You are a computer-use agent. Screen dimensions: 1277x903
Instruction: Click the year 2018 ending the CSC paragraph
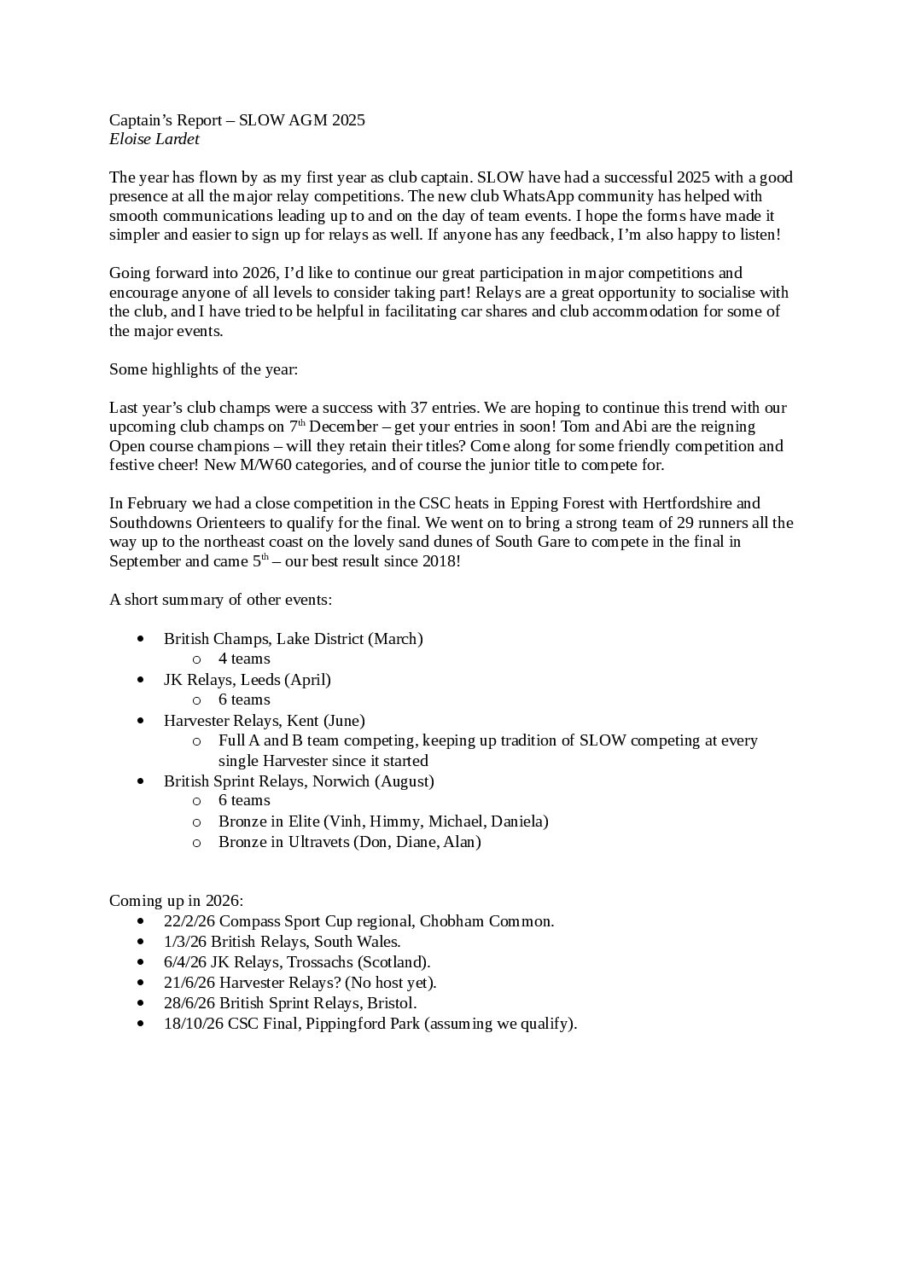tap(440, 561)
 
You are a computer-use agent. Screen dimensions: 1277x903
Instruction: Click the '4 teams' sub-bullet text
tap(244, 659)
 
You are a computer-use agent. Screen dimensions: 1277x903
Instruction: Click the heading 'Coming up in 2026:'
tap(176, 901)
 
